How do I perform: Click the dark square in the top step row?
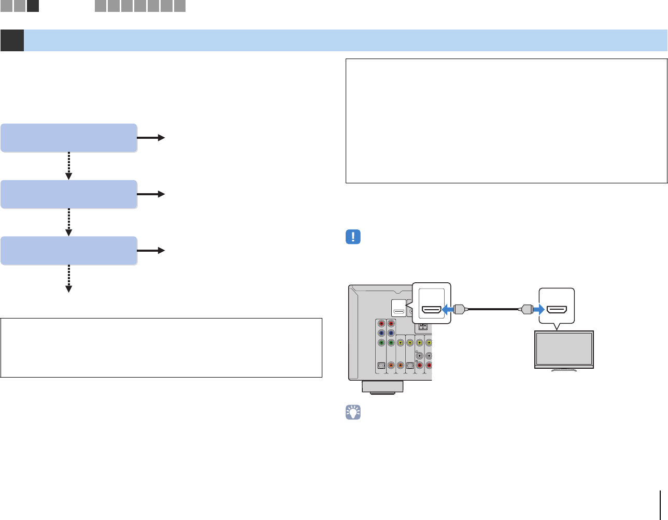click(33, 6)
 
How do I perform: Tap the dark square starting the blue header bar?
click(12, 40)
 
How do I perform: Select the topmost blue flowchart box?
click(69, 138)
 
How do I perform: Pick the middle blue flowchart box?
click(69, 194)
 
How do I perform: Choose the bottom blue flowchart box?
click(69, 251)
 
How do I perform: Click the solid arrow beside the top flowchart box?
click(151, 138)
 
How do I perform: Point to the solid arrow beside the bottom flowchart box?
click(151, 251)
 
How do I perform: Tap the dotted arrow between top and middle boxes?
click(69, 166)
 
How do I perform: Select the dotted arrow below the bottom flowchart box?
click(69, 279)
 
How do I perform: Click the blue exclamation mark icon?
click(353, 237)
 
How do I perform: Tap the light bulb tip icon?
click(353, 412)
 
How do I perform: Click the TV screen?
click(564, 350)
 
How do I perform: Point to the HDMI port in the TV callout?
click(557, 310)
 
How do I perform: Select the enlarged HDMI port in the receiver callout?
click(431, 310)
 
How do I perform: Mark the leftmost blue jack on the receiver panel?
click(381, 333)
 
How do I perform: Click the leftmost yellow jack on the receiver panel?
click(400, 342)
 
